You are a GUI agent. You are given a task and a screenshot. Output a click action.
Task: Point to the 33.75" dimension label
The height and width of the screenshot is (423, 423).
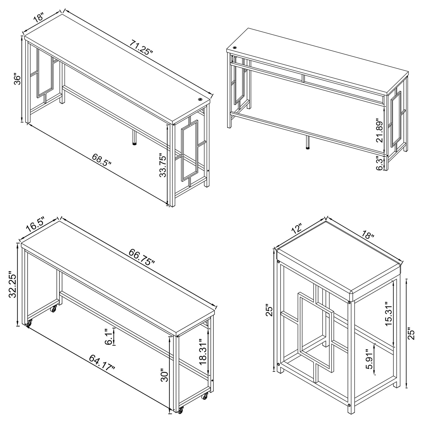(163, 166)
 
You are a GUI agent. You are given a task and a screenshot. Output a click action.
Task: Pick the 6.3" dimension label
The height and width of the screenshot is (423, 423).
(380, 163)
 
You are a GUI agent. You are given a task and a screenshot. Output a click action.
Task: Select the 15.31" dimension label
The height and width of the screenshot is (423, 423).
(388, 314)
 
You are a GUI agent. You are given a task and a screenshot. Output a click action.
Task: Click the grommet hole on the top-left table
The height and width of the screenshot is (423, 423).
(200, 100)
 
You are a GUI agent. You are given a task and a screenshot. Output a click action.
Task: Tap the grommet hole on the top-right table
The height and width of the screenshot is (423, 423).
(235, 48)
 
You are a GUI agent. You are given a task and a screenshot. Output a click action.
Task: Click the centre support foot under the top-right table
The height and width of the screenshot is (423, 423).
(308, 143)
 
